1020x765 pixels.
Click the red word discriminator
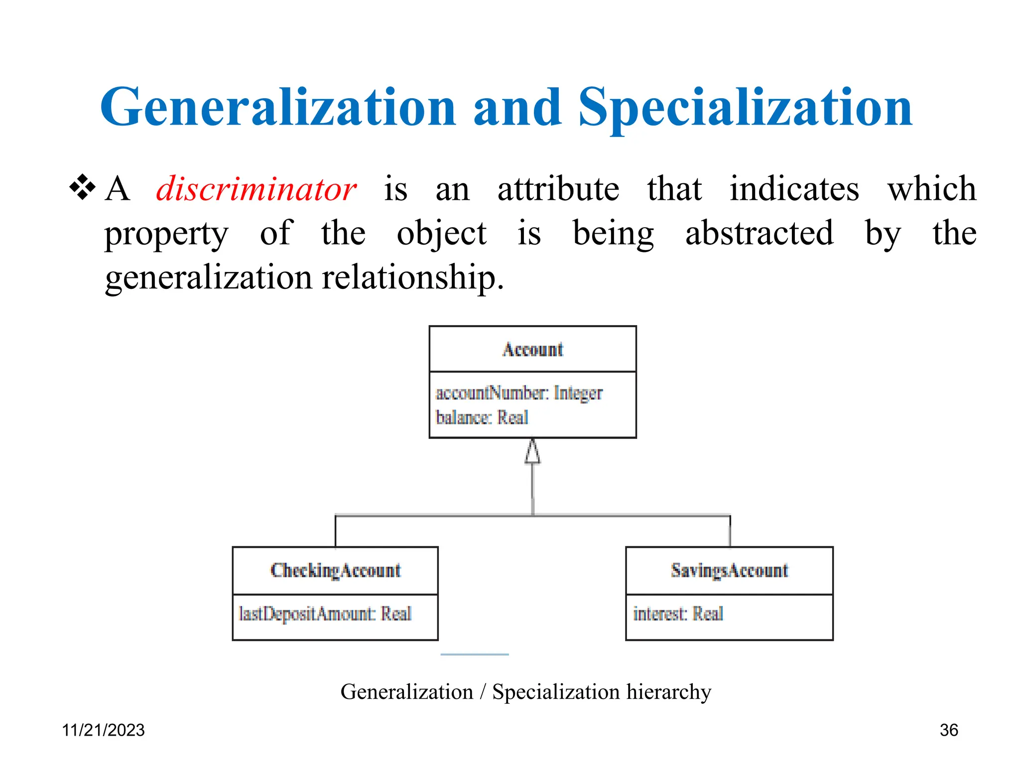click(x=256, y=190)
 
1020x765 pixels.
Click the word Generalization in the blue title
click(x=278, y=107)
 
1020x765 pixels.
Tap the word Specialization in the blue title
click(x=745, y=107)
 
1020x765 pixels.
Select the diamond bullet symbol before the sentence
click(x=82, y=188)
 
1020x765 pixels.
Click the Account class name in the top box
click(x=532, y=350)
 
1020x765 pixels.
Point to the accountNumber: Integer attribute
click(x=518, y=393)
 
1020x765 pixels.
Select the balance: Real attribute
click(x=481, y=417)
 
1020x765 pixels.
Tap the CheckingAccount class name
click(x=335, y=571)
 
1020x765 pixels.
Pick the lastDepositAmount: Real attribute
click(x=325, y=614)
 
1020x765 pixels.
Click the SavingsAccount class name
click(x=729, y=571)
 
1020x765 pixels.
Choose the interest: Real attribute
click(x=677, y=614)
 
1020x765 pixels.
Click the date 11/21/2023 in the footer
click(x=103, y=730)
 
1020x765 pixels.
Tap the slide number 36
click(x=948, y=730)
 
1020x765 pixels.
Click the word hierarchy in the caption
click(x=668, y=692)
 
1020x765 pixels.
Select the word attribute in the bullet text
click(x=558, y=189)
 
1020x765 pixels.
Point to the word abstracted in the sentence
click(x=759, y=233)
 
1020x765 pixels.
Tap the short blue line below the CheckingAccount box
click(x=474, y=654)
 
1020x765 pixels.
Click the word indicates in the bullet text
click(x=794, y=189)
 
